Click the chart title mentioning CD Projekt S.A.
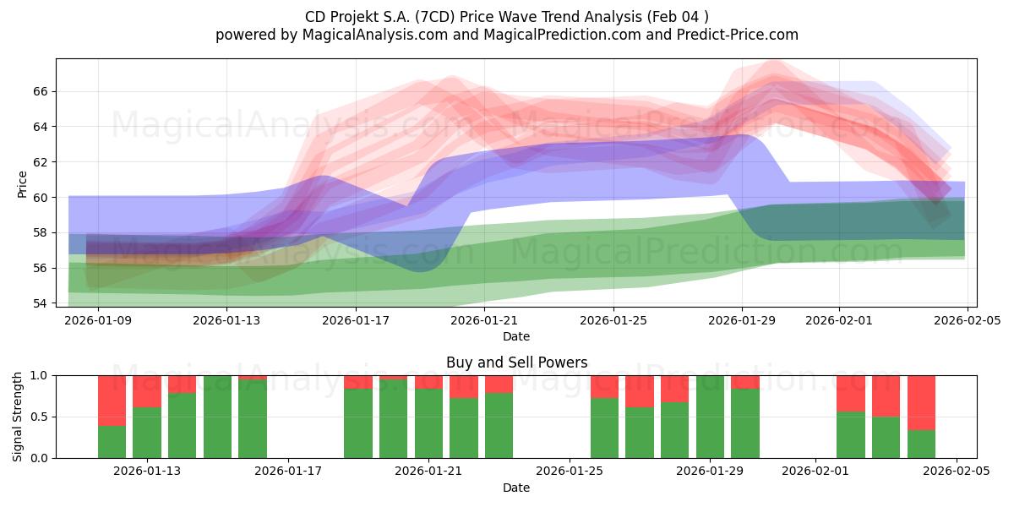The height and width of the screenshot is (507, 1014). coord(507,16)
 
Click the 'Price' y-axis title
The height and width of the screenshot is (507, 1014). coord(23,183)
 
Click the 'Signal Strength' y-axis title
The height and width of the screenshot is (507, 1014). coord(18,417)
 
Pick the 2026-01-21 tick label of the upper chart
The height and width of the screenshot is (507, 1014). coord(484,320)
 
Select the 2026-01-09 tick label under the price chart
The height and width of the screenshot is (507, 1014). coord(98,320)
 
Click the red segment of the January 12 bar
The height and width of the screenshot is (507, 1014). coord(112,400)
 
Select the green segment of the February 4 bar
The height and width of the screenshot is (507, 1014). coord(921,444)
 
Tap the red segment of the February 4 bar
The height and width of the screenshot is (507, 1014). coord(921,402)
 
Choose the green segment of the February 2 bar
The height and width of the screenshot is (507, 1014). coord(851,435)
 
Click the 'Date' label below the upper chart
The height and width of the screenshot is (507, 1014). coord(516,336)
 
